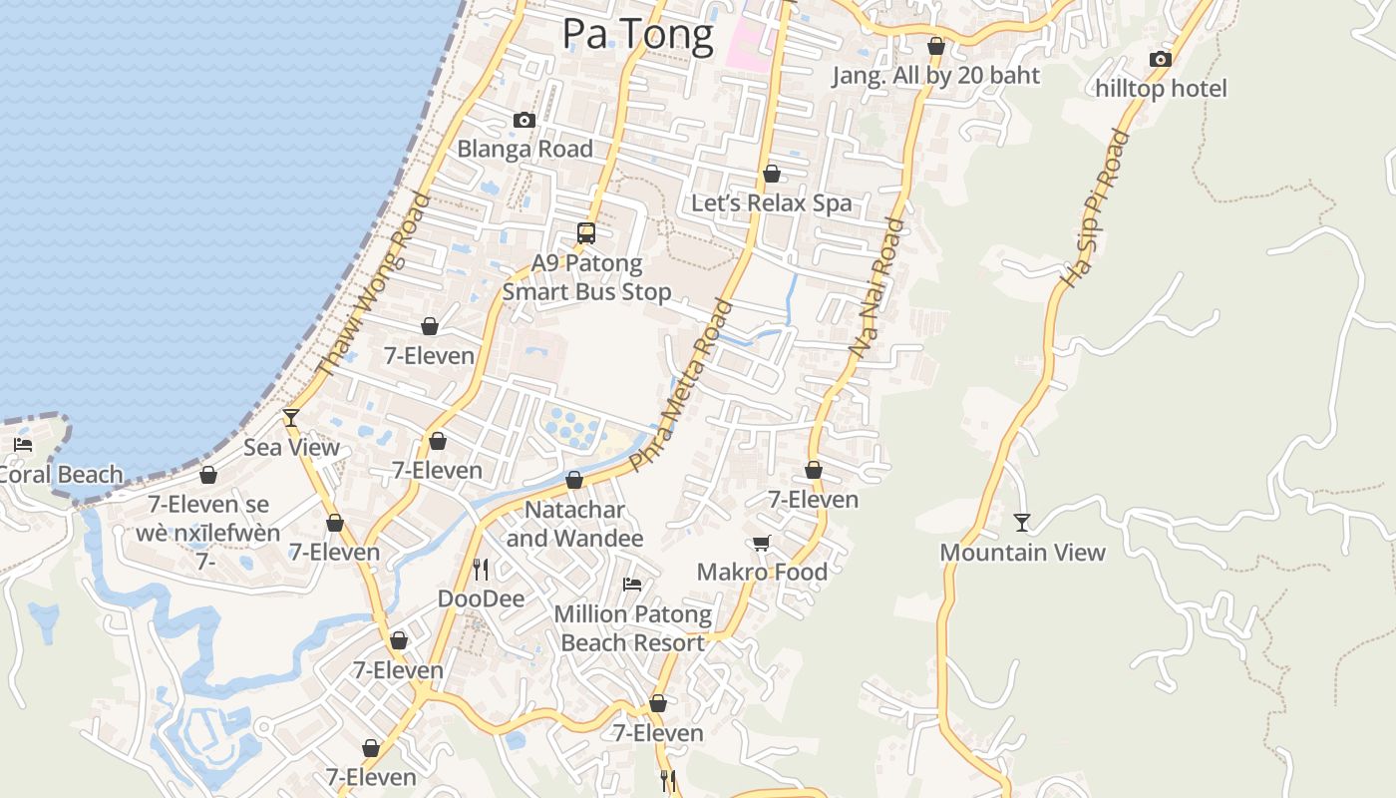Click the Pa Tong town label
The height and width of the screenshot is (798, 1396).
638,34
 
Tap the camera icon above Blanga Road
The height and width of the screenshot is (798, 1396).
523,121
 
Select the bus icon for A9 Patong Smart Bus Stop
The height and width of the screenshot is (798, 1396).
586,233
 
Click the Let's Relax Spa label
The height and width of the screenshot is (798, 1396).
772,203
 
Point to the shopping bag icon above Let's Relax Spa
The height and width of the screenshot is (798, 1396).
772,175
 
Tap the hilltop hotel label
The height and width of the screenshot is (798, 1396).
1161,89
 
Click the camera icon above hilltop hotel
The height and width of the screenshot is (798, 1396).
1160,60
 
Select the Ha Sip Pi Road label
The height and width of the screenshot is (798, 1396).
1093,209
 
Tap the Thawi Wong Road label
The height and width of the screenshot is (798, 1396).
373,284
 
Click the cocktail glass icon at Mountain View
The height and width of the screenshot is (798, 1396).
1022,522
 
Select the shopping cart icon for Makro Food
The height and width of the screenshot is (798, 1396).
762,543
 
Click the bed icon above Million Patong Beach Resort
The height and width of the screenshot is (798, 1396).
632,585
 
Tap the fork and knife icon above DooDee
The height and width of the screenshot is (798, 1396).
481,570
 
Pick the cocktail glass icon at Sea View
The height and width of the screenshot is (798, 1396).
291,417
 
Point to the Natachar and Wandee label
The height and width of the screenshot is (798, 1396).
574,524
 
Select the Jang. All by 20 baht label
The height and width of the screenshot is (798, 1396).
935,76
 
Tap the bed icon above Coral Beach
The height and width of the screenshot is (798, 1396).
23,445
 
